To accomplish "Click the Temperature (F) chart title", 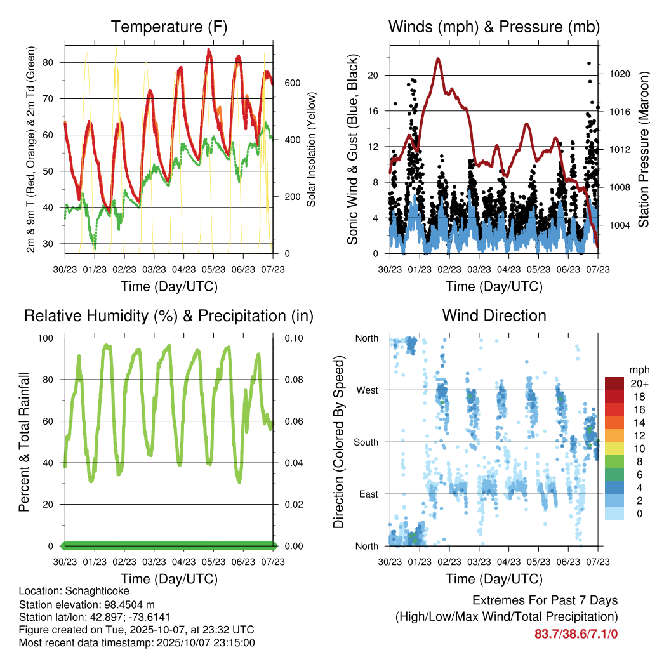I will pyautogui.click(x=169, y=27).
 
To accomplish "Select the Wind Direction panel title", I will pyautogui.click(x=494, y=315).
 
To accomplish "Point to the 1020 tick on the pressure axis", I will pyautogui.click(x=619, y=74).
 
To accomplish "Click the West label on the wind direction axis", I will pyautogui.click(x=366, y=390).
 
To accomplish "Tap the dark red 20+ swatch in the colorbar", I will pyautogui.click(x=614, y=384).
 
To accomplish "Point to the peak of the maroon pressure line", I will pyautogui.click(x=438, y=58).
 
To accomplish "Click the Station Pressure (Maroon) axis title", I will pyautogui.click(x=643, y=149).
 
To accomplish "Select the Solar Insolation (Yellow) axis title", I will pyautogui.click(x=312, y=149).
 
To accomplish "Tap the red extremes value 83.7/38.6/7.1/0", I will pyautogui.click(x=576, y=634).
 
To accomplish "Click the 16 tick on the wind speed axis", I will pyautogui.click(x=373, y=111).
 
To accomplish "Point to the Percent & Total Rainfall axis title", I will pyautogui.click(x=25, y=442).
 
